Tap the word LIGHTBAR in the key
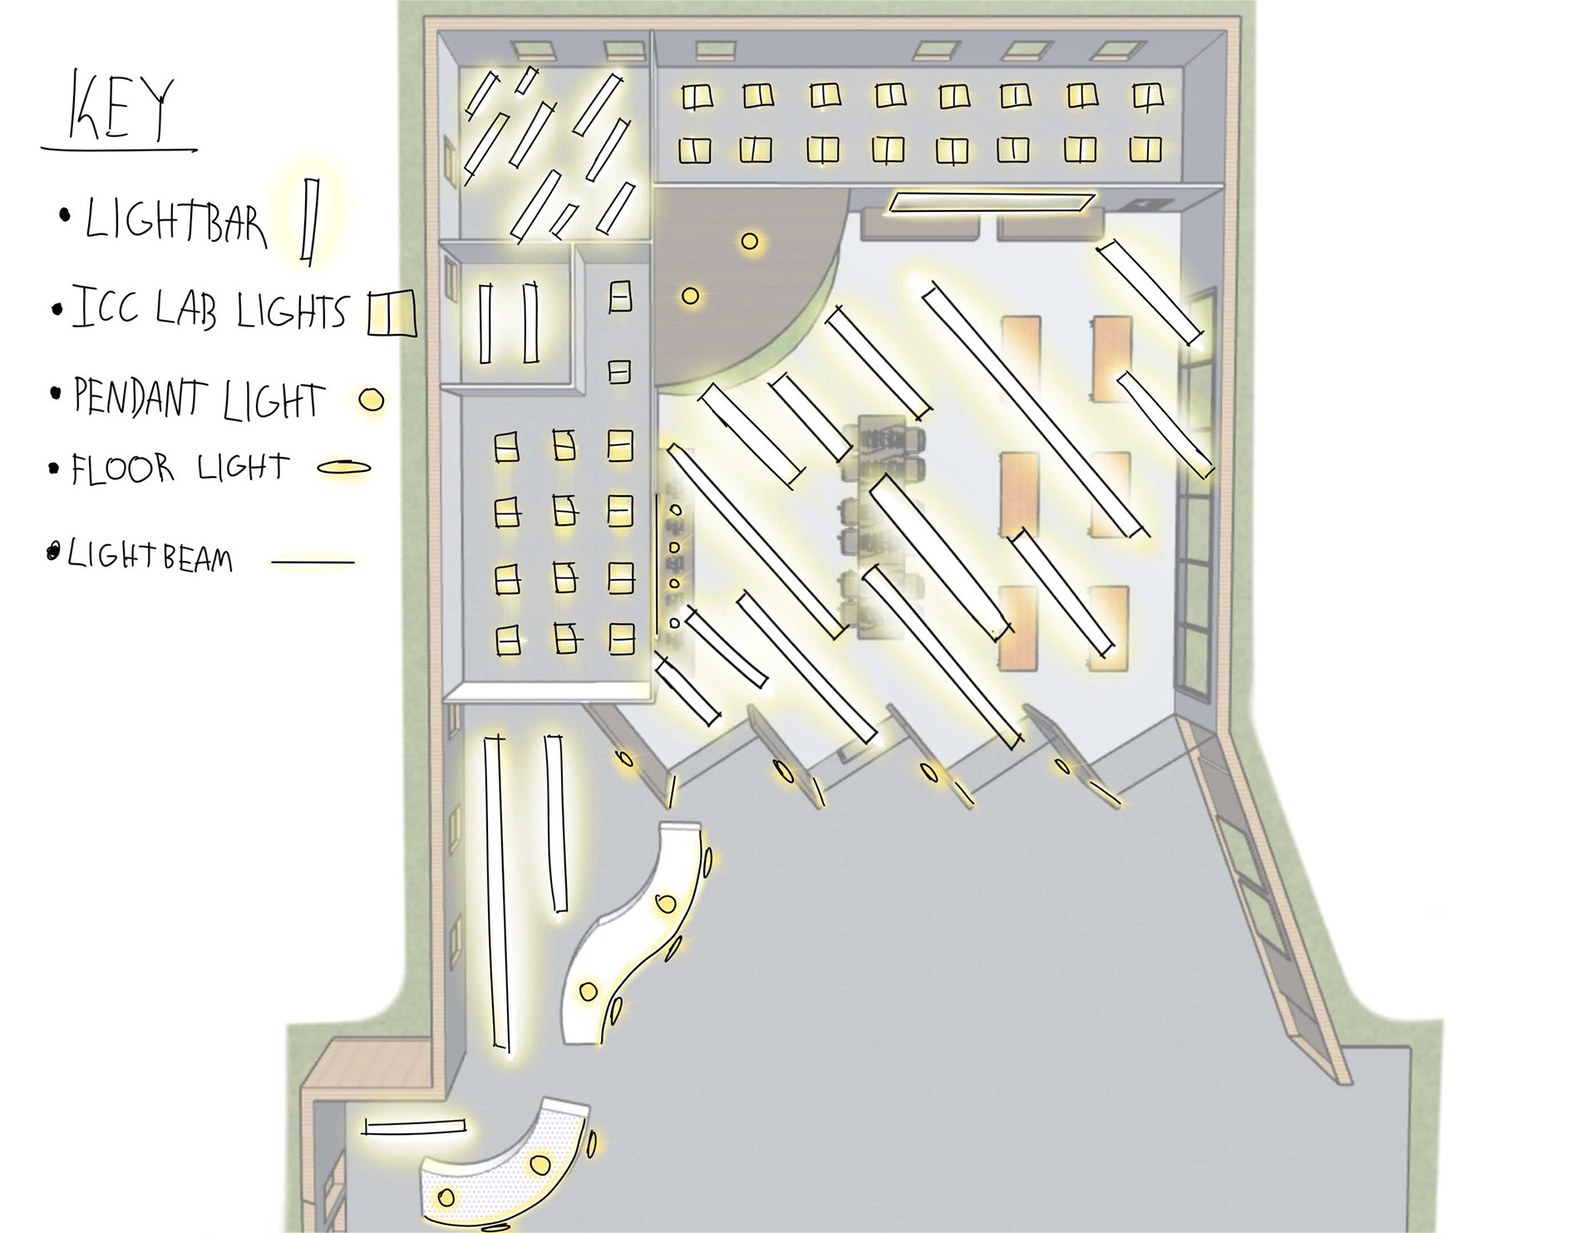[175, 222]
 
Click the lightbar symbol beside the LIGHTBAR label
[310, 221]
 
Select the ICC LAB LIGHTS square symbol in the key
[392, 314]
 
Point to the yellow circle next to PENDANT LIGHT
[371, 400]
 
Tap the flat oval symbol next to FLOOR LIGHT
[344, 468]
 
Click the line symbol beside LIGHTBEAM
[313, 562]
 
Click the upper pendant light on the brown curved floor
[750, 242]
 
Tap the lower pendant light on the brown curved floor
[690, 296]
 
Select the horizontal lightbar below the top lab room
[991, 202]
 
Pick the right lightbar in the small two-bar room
[530, 322]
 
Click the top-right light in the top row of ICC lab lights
[1148, 97]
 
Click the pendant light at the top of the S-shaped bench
[665, 903]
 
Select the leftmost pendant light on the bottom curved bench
[446, 1197]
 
